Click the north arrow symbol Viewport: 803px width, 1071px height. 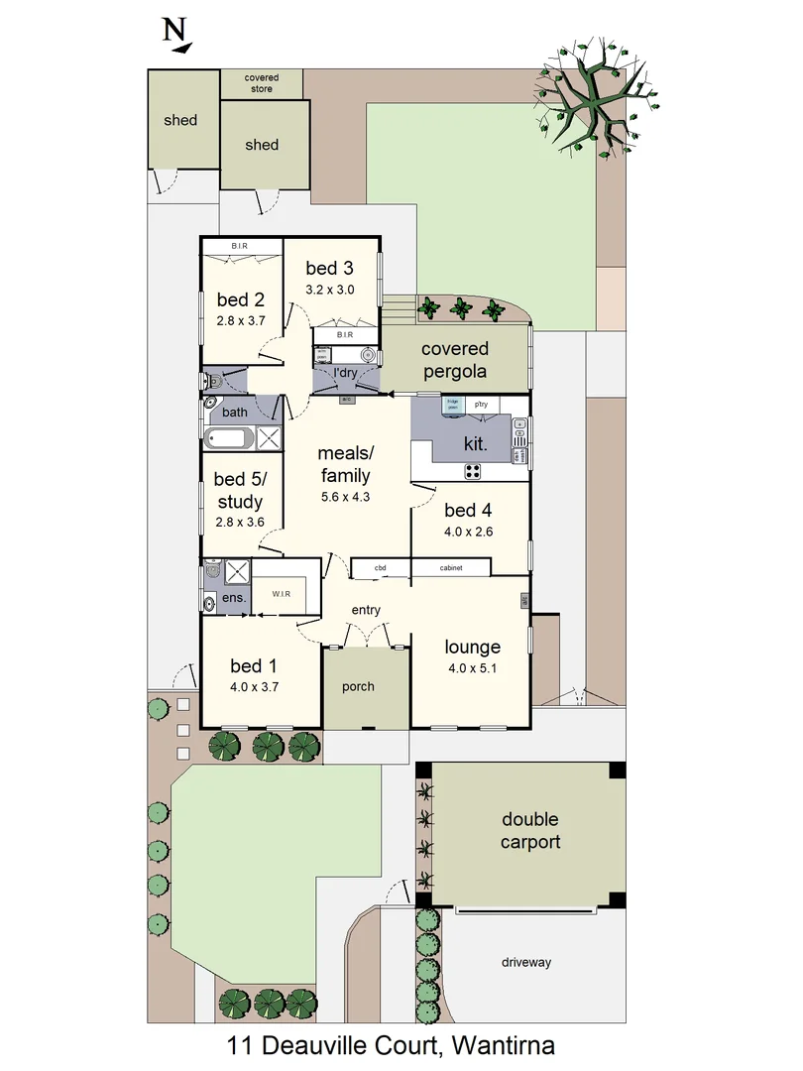pos(177,35)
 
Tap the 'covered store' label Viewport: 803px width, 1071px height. pos(263,83)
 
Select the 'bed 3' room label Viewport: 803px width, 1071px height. pos(329,268)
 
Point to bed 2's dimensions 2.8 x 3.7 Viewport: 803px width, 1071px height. pos(241,320)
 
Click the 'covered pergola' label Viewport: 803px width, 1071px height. pos(455,360)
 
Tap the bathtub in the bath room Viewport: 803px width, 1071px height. pos(229,437)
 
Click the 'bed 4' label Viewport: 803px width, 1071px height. pos(469,511)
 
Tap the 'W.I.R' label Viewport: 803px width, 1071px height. pos(282,594)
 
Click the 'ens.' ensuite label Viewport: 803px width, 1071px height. pos(233,598)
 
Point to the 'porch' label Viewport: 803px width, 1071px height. pos(358,686)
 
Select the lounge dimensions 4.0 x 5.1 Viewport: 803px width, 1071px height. pos(472,667)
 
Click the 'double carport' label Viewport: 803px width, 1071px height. pos(530,831)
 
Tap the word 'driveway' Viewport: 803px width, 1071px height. pos(525,962)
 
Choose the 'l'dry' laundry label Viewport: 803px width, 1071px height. pos(344,373)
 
